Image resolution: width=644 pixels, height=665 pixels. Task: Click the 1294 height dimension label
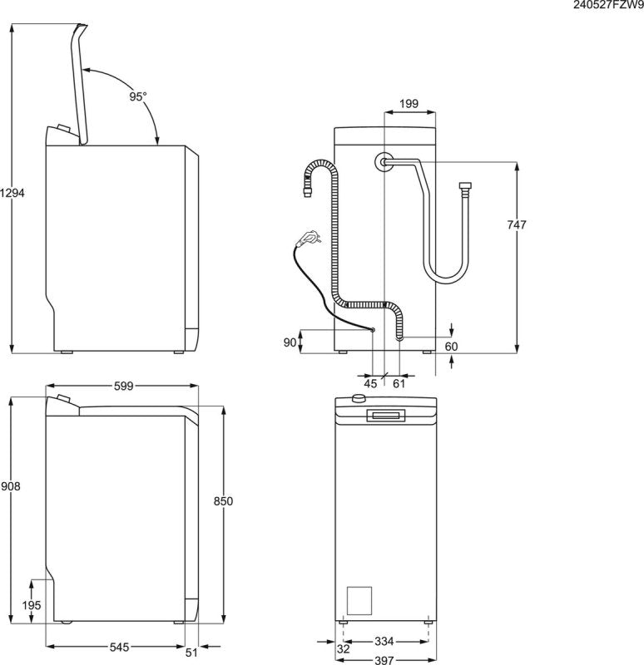(12, 192)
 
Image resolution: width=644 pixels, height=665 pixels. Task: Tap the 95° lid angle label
(137, 96)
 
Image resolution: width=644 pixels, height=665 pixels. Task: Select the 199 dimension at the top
(409, 104)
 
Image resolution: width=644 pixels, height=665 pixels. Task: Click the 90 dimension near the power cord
(290, 342)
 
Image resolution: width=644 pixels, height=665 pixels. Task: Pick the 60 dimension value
(451, 346)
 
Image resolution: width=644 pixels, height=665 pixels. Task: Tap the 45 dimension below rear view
(371, 383)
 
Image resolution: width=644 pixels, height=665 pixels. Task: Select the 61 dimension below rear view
(399, 383)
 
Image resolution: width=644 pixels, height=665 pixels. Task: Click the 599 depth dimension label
(122, 386)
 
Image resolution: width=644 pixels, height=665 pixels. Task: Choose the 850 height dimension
(223, 500)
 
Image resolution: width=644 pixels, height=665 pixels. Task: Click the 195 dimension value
(30, 605)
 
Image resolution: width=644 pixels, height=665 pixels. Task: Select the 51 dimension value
(192, 653)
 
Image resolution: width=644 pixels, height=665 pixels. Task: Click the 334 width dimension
(383, 641)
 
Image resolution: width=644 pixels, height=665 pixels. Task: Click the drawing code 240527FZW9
(608, 5)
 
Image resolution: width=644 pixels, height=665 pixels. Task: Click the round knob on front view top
(359, 399)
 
